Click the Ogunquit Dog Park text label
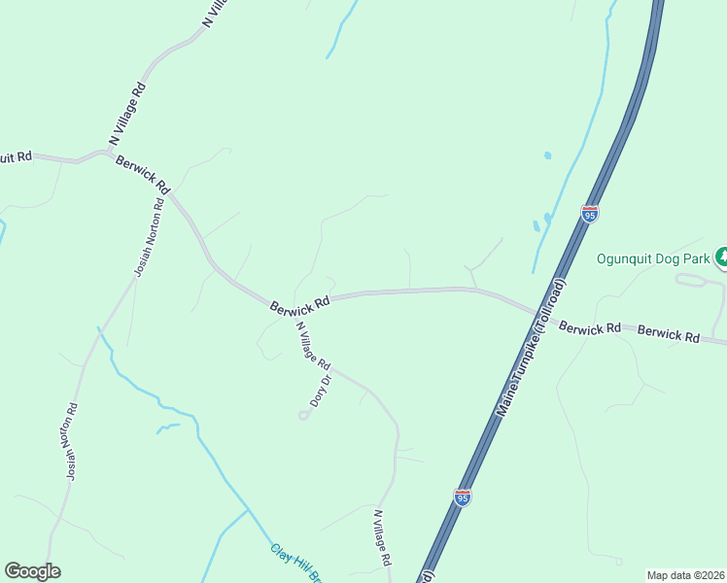click(652, 260)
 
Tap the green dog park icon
click(721, 257)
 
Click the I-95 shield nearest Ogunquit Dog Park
click(589, 213)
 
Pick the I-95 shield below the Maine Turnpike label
click(463, 497)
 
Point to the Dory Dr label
click(321, 390)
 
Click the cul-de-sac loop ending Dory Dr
click(304, 415)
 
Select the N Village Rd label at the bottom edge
click(383, 537)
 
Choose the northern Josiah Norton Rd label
click(149, 239)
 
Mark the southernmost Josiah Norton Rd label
click(71, 443)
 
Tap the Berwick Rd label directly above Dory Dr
click(300, 303)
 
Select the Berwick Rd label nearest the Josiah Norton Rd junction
click(143, 173)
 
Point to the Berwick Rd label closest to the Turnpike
click(590, 328)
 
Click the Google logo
click(32, 571)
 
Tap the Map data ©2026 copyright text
click(685, 575)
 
